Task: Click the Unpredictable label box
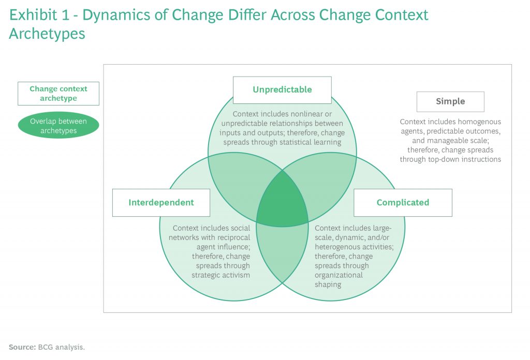pyautogui.click(x=282, y=89)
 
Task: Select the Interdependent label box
pyautogui.click(x=161, y=202)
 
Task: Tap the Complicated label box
pyautogui.click(x=403, y=202)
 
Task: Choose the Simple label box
pyautogui.click(x=450, y=101)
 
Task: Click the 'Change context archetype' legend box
pyautogui.click(x=58, y=94)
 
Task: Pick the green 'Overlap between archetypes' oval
pyautogui.click(x=58, y=126)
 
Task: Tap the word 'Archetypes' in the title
pyautogui.click(x=47, y=34)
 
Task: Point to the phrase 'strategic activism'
pyautogui.click(x=220, y=275)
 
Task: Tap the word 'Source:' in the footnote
pyautogui.click(x=22, y=347)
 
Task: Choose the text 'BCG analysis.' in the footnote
pyautogui.click(x=61, y=347)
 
